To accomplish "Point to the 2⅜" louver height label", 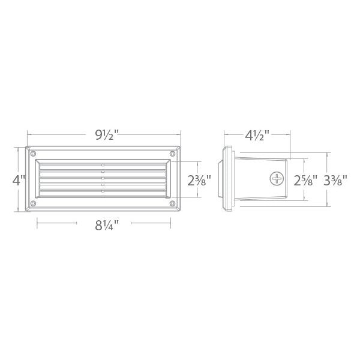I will coord(199,180).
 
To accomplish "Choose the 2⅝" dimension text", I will coord(306,180).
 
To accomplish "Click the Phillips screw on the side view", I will coord(277,179).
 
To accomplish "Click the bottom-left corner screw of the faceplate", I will coord(34,204).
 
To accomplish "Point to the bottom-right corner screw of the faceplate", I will coord(173,204).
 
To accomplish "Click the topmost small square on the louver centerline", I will coord(103,163).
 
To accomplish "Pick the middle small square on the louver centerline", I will coord(103,178).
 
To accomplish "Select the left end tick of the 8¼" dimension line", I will coord(38,226).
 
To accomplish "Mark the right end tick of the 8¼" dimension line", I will coord(170,226).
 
